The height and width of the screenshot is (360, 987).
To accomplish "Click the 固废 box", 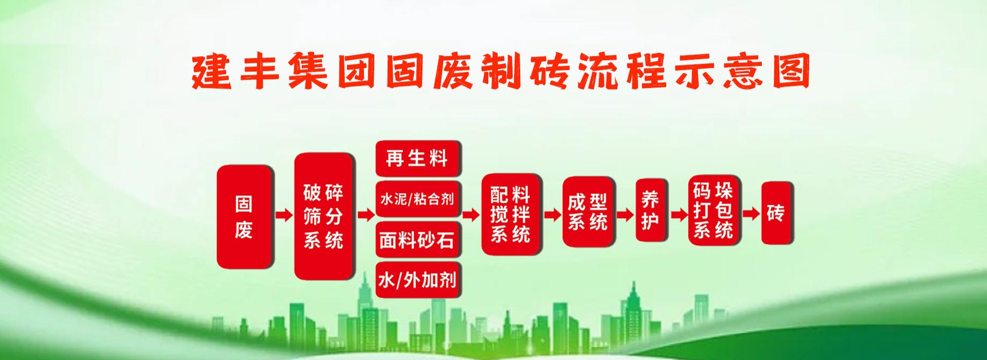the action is pos(244,217).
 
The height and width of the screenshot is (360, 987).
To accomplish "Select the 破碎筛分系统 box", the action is pos(324,217).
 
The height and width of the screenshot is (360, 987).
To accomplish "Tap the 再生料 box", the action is pos(417,158).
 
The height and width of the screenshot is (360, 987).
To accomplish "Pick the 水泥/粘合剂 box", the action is pos(417,199).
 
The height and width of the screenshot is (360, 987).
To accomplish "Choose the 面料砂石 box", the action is pos(417,239).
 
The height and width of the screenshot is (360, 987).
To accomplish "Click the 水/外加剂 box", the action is pos(417,280).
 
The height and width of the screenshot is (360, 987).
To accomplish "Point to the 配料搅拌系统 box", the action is pos(510,214).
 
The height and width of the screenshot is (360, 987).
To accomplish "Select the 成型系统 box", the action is pos(588,212).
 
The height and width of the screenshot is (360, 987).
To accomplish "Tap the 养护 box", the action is pos(651,210).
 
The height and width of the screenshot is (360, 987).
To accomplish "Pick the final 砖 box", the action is pos(776,213).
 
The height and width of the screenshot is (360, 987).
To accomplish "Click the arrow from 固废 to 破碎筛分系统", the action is pos(284,215).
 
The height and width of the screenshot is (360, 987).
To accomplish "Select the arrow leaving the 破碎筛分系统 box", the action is pos(366,215).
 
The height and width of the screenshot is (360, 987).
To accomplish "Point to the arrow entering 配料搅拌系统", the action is pos(470,215).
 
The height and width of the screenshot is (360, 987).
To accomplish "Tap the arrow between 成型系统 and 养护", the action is pos(625,215).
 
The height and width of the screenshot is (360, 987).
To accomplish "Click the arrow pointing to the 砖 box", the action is pos(751,213).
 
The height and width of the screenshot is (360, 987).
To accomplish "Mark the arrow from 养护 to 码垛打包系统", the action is pos(679,215).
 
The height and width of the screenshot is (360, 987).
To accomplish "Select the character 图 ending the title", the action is pos(792,71).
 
